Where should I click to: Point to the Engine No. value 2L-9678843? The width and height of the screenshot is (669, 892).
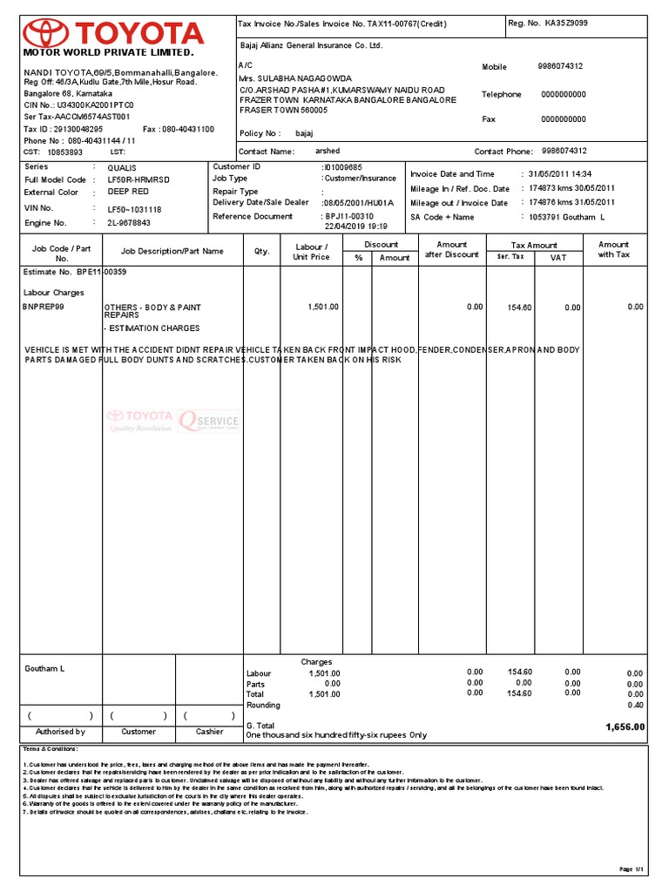point(129,223)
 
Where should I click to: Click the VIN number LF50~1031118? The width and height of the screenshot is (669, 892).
point(133,209)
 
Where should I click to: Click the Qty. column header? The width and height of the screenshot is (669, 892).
point(262,251)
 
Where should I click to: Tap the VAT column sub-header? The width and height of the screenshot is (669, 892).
point(557,258)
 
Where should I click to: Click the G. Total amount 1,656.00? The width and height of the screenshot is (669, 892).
point(625,726)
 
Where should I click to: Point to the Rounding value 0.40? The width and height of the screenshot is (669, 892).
point(634,705)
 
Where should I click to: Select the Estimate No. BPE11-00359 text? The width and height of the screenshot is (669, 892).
point(74,272)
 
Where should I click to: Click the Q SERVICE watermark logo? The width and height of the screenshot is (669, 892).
point(208,420)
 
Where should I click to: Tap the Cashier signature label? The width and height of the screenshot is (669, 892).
point(209,732)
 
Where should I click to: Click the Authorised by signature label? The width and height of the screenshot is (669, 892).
point(60,732)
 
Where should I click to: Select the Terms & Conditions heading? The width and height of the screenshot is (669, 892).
point(51,748)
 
